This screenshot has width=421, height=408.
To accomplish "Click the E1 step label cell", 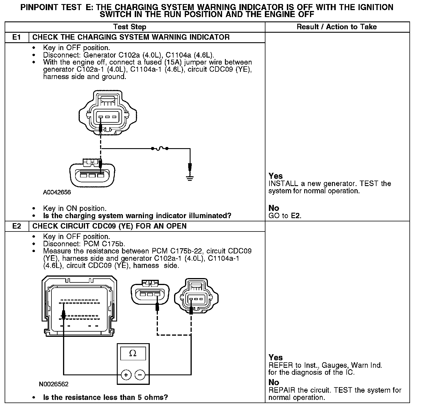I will [17, 37].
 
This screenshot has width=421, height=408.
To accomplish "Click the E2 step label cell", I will [17, 226].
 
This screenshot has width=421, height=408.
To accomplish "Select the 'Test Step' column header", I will [130, 27].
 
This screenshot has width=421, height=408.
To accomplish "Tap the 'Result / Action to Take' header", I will [337, 27].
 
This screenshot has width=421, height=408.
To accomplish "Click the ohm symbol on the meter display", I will [133, 353].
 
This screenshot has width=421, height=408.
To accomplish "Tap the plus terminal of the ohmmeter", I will [126, 375].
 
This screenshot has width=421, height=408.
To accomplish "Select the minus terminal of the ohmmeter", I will [140, 375].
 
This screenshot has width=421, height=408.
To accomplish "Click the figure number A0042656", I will [57, 192].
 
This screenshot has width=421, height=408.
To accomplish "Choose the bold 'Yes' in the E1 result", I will [276, 176].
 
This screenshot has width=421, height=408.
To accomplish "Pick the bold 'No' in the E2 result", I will [274, 383].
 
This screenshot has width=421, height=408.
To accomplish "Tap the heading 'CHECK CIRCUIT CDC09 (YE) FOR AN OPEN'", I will [110, 226].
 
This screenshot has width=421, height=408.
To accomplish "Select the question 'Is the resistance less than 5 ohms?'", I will [105, 397].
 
